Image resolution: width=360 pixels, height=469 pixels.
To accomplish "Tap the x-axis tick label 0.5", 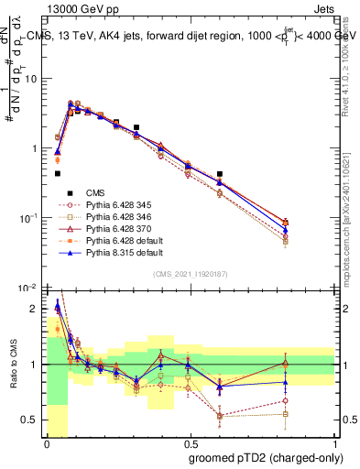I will point(190,442).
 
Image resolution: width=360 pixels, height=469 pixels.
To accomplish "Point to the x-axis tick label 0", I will point(45,442).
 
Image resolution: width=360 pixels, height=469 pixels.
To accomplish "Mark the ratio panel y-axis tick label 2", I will point(35,309).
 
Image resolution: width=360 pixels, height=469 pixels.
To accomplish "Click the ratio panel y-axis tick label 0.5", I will point(30,420).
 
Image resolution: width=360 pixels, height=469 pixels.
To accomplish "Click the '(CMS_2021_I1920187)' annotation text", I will point(190,274).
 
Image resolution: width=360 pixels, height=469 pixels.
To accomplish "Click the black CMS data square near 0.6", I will point(220,174).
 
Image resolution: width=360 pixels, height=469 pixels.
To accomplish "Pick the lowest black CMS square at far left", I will point(57,173).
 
